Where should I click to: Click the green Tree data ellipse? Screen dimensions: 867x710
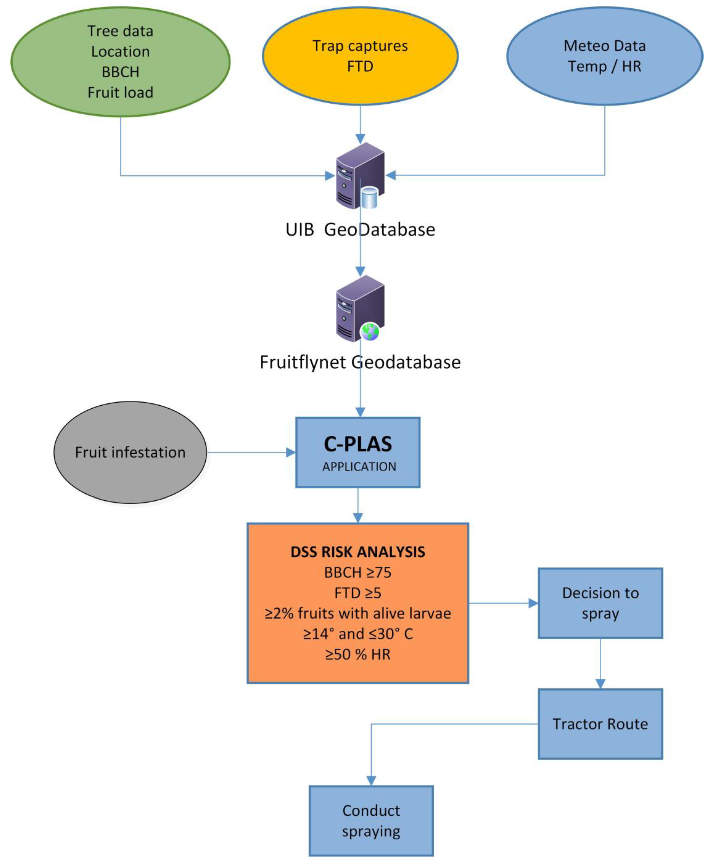pos(120,61)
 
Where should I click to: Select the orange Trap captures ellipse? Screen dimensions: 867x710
pos(360,56)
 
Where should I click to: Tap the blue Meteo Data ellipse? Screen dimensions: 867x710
pos(604,56)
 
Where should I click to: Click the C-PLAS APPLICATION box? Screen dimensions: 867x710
pos(358,452)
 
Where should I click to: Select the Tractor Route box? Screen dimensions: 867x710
pos(600,724)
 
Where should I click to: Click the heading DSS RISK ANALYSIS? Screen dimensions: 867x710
pos(358,552)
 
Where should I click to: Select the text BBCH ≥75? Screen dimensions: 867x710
pos(358,573)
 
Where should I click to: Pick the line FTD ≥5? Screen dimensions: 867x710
pos(358,593)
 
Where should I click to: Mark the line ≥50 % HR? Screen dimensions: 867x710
pos(358,654)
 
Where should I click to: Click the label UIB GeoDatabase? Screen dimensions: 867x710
pos(360,229)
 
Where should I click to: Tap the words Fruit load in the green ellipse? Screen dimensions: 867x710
pos(120,92)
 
